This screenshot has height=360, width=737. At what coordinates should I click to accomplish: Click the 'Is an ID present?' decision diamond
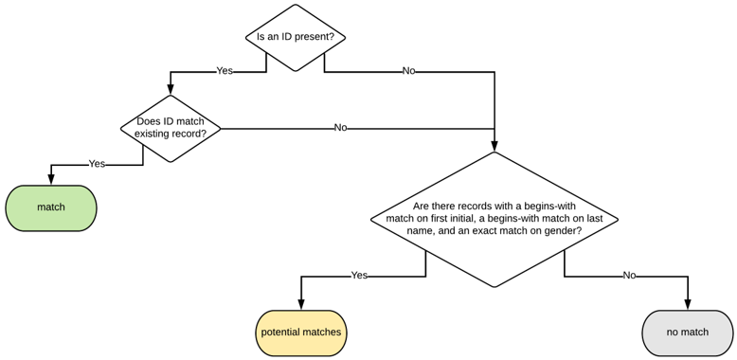(x=296, y=38)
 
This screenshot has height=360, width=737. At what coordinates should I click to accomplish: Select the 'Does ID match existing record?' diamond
(x=171, y=128)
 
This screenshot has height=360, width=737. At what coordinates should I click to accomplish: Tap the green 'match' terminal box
(x=51, y=207)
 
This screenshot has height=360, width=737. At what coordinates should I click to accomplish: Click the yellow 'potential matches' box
(x=301, y=333)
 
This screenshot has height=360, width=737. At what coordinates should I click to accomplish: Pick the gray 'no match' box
(x=687, y=333)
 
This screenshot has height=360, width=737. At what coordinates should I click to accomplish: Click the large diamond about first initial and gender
(x=494, y=219)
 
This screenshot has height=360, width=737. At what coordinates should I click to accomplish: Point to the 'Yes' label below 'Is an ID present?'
(x=225, y=71)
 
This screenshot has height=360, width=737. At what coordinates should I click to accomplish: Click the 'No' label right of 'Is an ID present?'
(x=408, y=71)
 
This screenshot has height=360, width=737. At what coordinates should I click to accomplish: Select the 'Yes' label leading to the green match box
(x=97, y=164)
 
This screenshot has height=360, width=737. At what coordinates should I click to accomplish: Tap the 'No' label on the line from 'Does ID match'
(x=340, y=128)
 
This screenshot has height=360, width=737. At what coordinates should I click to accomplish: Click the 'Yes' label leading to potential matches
(x=359, y=276)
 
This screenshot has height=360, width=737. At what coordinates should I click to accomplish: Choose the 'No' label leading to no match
(x=628, y=276)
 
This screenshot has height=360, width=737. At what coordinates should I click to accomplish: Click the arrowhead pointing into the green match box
(x=51, y=181)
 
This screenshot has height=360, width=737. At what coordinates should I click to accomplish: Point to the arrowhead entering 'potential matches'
(x=301, y=305)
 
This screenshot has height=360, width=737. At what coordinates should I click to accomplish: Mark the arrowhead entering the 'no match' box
(x=687, y=305)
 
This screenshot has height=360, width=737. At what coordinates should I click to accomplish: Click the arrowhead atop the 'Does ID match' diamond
(x=171, y=90)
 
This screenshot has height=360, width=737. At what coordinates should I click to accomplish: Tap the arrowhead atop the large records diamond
(x=494, y=147)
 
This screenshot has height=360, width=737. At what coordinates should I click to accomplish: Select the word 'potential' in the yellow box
(x=281, y=333)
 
